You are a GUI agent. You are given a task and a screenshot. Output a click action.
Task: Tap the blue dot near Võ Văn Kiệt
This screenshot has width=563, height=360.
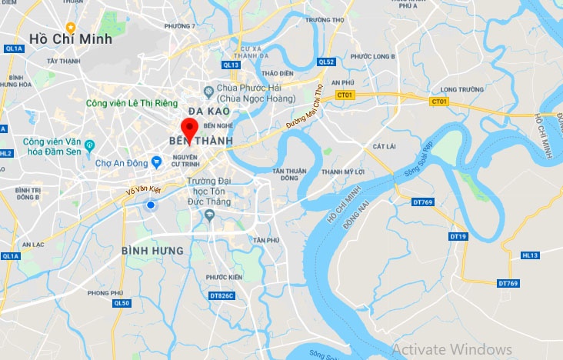click(x=151, y=205)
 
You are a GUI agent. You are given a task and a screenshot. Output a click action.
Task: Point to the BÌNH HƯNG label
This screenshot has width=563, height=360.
click(x=152, y=251)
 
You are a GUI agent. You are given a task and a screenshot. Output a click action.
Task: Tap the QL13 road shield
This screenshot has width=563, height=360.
click(x=232, y=65)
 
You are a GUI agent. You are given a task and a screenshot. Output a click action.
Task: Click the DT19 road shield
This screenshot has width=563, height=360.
click(x=458, y=236)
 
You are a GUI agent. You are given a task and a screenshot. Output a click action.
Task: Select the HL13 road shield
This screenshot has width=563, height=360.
click(x=531, y=255)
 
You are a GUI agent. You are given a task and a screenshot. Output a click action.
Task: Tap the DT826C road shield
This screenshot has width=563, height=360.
click(x=221, y=295)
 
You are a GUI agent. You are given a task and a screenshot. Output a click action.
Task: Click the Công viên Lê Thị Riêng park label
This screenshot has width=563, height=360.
click(x=131, y=103)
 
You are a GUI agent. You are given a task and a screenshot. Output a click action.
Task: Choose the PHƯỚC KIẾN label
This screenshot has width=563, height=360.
click(x=224, y=277)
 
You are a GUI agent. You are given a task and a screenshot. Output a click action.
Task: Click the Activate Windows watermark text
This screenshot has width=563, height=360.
click(x=452, y=349)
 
